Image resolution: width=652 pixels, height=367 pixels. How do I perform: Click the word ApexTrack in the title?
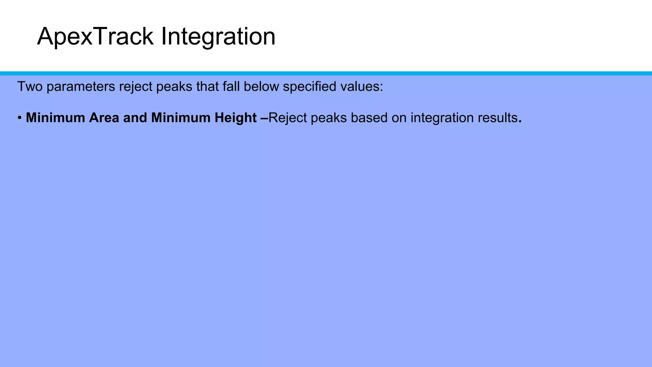(95, 37)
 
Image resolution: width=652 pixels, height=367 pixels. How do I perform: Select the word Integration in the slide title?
(218, 37)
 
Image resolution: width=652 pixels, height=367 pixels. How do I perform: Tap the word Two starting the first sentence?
(30, 86)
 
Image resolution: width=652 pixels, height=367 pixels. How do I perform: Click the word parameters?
(81, 86)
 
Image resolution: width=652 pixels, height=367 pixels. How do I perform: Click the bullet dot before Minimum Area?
(20, 118)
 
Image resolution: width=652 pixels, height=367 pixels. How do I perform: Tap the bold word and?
(135, 118)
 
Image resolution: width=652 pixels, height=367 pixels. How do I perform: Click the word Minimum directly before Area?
(55, 118)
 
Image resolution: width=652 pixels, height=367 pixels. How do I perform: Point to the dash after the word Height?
(265, 118)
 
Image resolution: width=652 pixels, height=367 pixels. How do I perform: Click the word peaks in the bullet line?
(329, 118)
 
